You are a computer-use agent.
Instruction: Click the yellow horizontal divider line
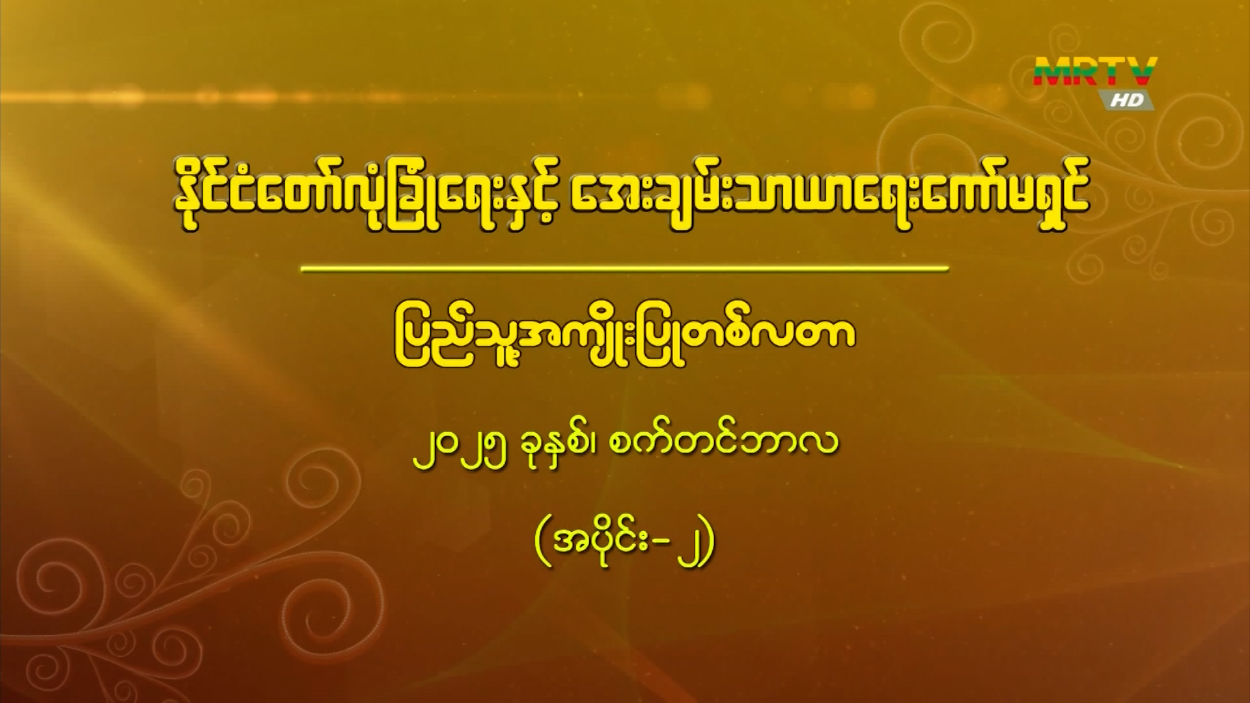coord(626,268)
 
